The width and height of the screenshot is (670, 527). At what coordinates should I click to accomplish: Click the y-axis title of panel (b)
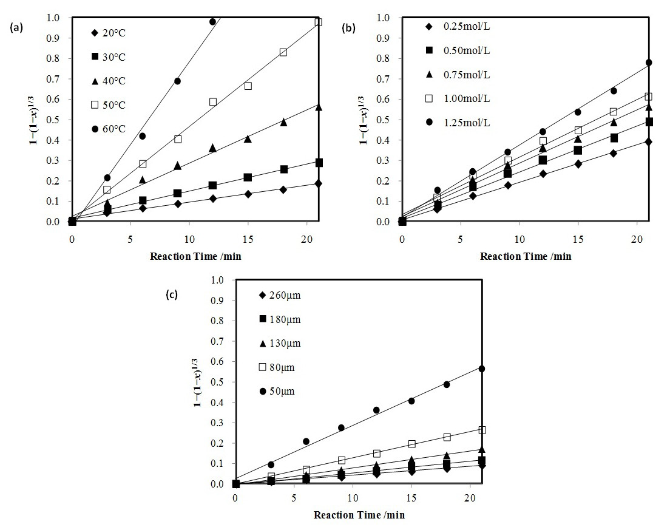(365, 118)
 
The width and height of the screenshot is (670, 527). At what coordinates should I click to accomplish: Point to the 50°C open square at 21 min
(318, 22)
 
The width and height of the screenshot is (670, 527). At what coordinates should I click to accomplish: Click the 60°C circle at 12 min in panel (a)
(212, 22)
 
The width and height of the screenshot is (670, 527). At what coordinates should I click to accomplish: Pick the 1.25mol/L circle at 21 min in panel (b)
(649, 63)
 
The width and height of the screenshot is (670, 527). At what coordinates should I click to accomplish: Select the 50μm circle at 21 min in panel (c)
(482, 369)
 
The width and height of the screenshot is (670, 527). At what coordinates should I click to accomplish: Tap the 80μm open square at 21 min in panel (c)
(482, 430)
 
